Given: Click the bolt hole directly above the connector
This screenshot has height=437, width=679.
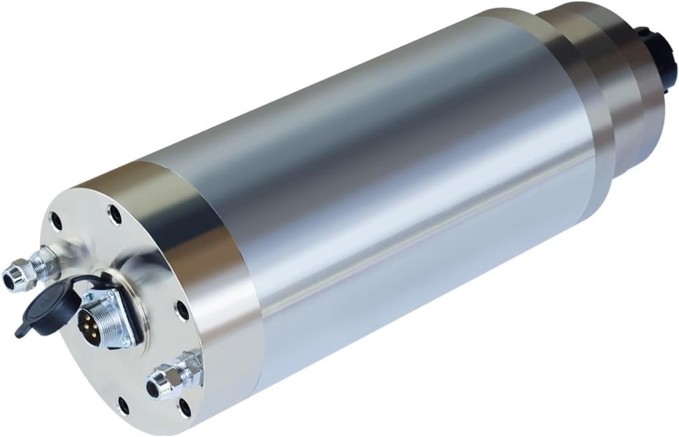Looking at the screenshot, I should [x=115, y=214].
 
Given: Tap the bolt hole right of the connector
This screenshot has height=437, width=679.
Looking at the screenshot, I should [x=182, y=311].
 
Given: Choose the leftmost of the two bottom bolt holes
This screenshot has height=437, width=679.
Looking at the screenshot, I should [x=123, y=406].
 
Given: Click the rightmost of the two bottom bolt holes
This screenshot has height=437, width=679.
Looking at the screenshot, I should [x=184, y=408].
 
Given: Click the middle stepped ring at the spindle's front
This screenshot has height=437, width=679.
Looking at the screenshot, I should [x=621, y=89].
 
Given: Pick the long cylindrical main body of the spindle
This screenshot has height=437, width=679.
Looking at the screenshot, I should [x=397, y=199].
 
